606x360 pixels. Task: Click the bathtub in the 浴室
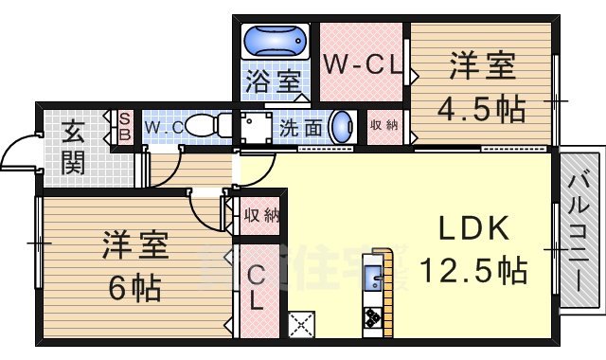(x=275, y=42)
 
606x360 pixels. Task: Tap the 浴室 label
(x=273, y=80)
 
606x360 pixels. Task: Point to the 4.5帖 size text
(x=481, y=109)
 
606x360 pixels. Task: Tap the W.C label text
(x=159, y=124)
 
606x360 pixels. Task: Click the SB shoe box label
(x=123, y=125)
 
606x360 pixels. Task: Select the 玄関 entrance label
(x=73, y=147)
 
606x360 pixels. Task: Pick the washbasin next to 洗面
(x=343, y=128)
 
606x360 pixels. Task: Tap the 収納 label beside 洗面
(x=384, y=125)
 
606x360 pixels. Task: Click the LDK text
(x=474, y=229)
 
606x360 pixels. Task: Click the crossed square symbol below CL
(x=300, y=325)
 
